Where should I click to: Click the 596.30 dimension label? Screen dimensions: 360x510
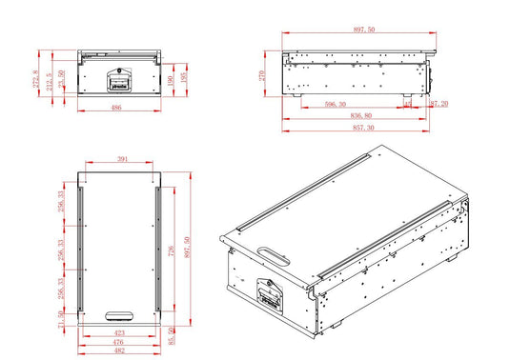pos(337,106)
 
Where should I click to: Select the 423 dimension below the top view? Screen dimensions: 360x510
pos(119,333)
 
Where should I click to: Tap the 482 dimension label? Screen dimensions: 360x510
pos(119,350)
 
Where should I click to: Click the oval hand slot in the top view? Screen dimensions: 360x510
pos(120,314)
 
